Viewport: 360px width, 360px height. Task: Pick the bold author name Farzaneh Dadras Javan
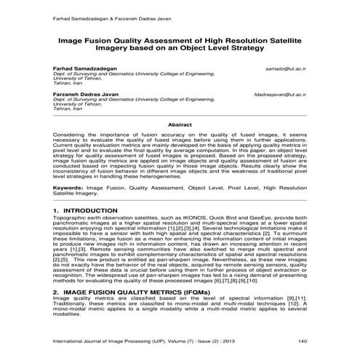88,95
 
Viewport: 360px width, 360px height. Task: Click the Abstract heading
180,124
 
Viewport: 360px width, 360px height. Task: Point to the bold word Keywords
66,188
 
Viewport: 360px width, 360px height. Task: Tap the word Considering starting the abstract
71,135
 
